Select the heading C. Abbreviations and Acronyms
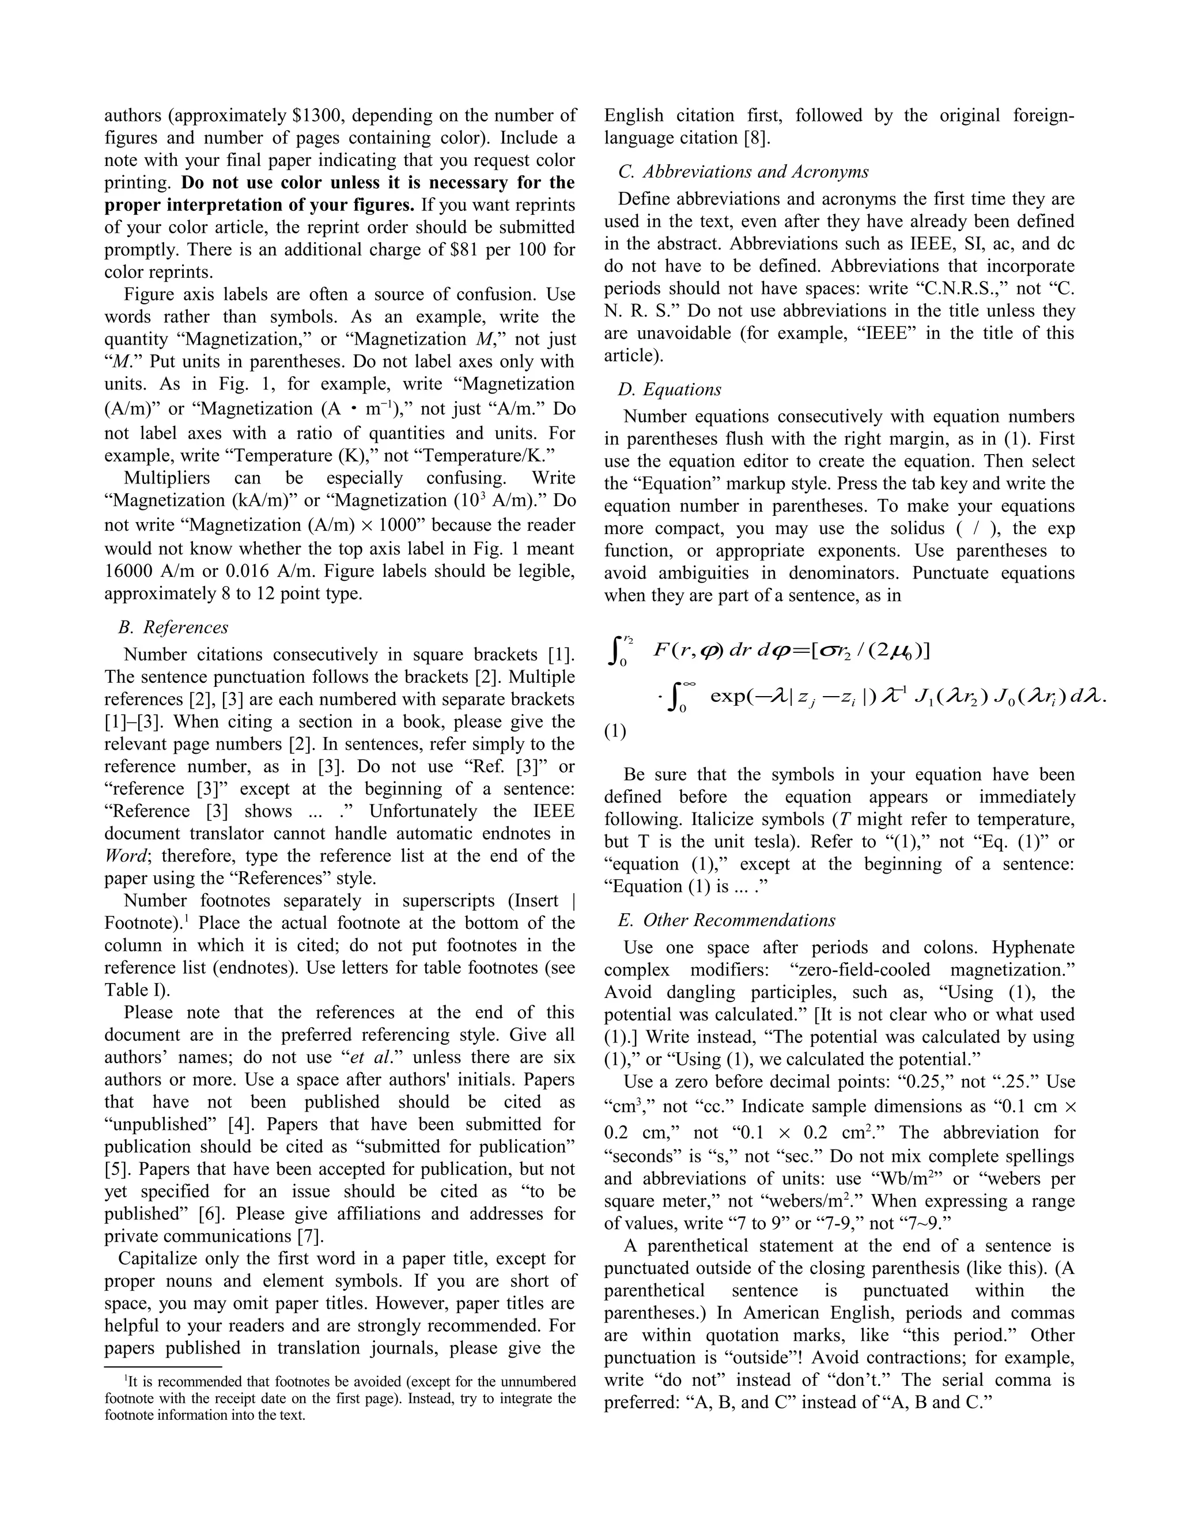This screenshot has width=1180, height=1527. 744,171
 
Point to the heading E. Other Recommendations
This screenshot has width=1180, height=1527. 727,920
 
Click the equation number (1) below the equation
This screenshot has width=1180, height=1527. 615,731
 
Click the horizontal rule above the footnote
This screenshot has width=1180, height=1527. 163,1367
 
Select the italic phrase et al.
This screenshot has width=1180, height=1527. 370,1057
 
